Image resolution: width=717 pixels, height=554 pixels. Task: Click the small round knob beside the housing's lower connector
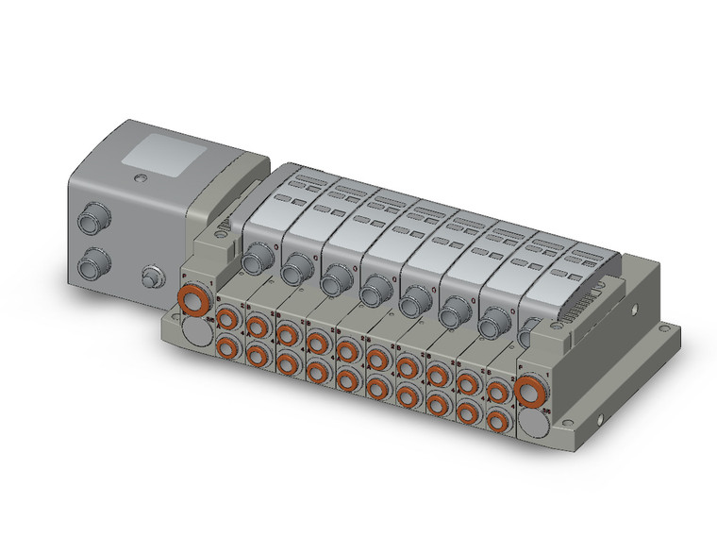[149, 278]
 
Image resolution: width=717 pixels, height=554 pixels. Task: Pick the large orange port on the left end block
[195, 303]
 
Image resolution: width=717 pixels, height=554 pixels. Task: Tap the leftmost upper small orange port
[226, 318]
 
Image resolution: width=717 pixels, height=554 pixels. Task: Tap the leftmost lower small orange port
[226, 345]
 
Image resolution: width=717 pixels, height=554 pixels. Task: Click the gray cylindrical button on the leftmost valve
[255, 258]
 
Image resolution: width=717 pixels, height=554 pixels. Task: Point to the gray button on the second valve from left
[295, 266]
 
